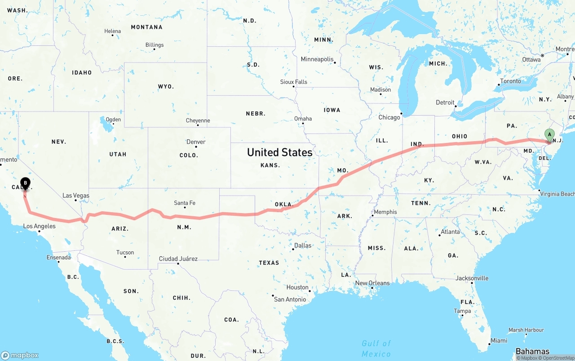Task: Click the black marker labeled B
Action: pyautogui.click(x=26, y=183)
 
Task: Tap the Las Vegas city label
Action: pyautogui.click(x=76, y=196)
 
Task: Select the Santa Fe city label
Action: pyautogui.click(x=185, y=203)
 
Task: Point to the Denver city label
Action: pyautogui.click(x=196, y=142)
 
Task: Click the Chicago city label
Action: pyautogui.click(x=389, y=117)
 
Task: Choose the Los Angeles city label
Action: pyautogui.click(x=40, y=226)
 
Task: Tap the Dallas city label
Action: pyautogui.click(x=303, y=245)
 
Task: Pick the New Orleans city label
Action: pyautogui.click(x=372, y=283)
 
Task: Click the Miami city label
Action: pyautogui.click(x=499, y=340)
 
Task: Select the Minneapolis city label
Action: pyautogui.click(x=317, y=59)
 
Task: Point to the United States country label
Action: pyautogui.click(x=279, y=152)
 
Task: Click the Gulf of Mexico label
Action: pyautogui.click(x=376, y=348)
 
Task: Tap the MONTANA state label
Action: pyautogui.click(x=146, y=27)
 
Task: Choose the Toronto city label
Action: pyautogui.click(x=510, y=81)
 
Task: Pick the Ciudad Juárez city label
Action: pyautogui.click(x=178, y=258)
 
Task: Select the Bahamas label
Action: pyautogui.click(x=532, y=351)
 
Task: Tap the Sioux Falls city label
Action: pyautogui.click(x=294, y=82)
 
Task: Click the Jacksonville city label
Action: pyautogui.click(x=472, y=278)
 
